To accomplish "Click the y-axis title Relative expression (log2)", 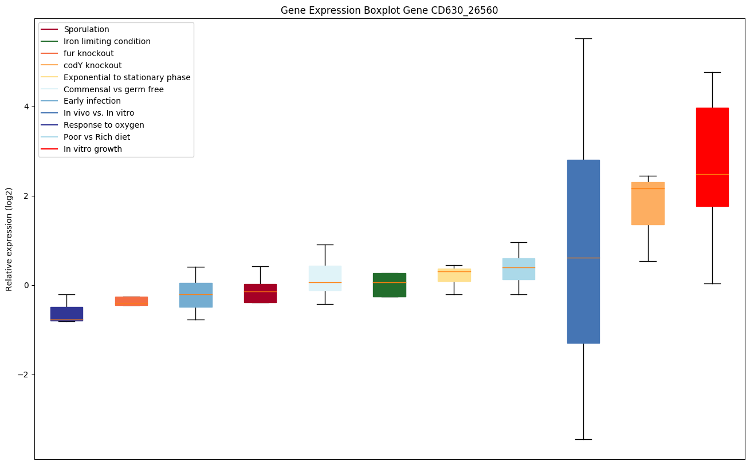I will point(9,239).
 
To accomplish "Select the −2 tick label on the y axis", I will point(25,375).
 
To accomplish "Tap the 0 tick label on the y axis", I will point(28,285).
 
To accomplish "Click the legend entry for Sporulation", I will point(87,29).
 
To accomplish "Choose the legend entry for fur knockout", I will point(89,53).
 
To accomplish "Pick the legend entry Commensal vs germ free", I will point(113,89).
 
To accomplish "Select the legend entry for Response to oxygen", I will point(104,125).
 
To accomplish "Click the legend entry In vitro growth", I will point(93,149).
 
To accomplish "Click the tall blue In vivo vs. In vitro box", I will point(583,251).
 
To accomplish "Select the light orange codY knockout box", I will point(647,203).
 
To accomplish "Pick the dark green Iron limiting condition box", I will point(390,285).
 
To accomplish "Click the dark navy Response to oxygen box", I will point(66,314).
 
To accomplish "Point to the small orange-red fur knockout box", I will point(131,301).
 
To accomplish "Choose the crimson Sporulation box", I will point(260,293).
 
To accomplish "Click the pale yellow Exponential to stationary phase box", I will point(454,275).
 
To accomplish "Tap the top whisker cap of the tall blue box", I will point(583,38).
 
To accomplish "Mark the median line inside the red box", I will point(712,174).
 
